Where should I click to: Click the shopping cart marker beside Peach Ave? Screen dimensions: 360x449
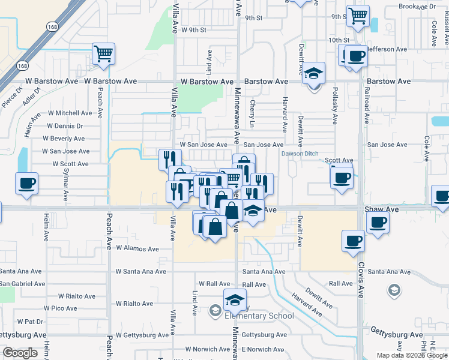point(103,53)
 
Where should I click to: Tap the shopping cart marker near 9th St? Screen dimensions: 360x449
point(358,16)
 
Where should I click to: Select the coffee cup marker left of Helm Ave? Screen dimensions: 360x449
point(27,183)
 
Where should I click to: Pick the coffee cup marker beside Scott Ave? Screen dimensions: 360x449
point(342,176)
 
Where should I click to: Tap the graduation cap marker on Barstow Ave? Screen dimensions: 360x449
point(313,73)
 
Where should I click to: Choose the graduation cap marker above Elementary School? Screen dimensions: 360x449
point(235,299)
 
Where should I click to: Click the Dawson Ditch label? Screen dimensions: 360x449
point(300,154)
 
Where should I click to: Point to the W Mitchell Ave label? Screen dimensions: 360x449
point(70,113)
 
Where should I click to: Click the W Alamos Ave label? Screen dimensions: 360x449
point(137,248)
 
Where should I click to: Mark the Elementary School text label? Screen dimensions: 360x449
point(259,316)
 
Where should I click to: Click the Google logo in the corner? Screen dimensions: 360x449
point(20,353)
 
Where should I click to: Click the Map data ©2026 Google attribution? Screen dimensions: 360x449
point(411,355)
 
